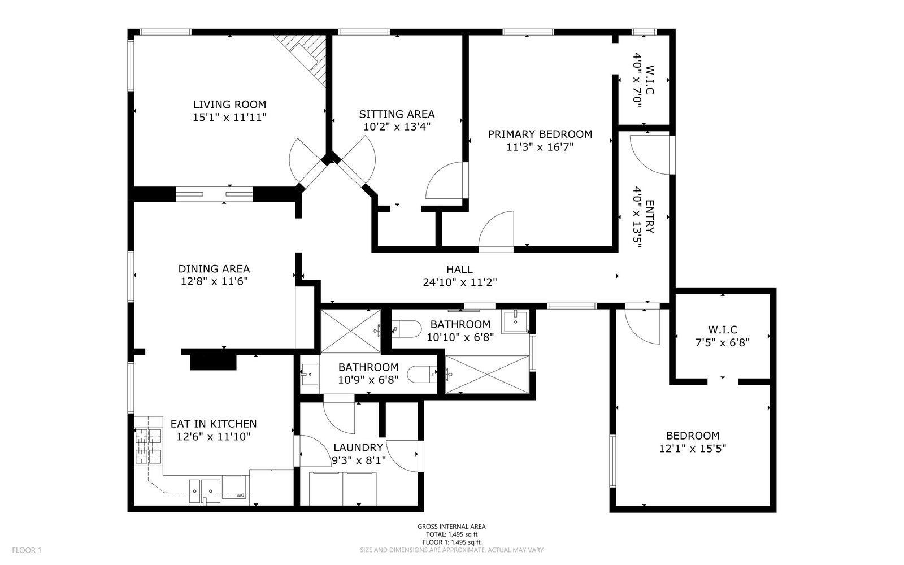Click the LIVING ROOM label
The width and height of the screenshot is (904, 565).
[229, 105]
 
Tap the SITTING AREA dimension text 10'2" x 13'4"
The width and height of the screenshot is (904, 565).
[397, 127]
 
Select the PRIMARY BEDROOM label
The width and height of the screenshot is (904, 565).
[540, 134]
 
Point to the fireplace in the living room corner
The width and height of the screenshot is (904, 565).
[306, 57]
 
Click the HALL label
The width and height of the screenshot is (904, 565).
[459, 269]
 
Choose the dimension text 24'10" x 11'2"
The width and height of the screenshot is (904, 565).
[460, 282]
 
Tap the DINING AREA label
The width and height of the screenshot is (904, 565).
[214, 268]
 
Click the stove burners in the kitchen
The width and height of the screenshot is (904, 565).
[148, 446]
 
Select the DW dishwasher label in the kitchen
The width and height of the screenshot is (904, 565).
[240, 495]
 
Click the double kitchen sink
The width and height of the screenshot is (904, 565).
[205, 491]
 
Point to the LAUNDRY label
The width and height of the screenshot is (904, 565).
[358, 447]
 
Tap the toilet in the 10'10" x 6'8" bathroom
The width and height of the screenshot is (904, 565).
[406, 328]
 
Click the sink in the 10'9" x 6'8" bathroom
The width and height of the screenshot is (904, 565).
[310, 374]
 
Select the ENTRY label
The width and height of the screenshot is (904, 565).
[650, 217]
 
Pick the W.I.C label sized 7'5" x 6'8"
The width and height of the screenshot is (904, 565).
[723, 329]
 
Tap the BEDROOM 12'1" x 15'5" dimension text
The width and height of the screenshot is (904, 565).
[693, 449]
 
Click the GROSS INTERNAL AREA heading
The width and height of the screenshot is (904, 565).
[451, 526]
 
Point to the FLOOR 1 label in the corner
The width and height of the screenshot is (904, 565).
[27, 550]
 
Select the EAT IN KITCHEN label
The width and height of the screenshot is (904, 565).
[214, 424]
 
